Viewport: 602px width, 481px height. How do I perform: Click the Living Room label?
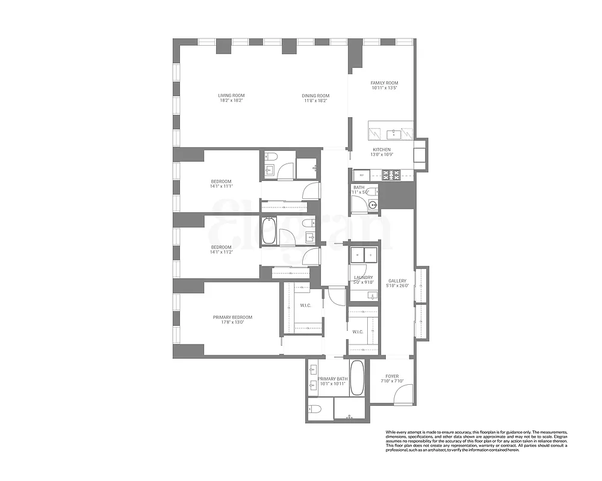[231, 95]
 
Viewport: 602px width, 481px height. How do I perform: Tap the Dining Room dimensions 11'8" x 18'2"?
[315, 101]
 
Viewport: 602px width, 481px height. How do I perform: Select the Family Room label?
[384, 83]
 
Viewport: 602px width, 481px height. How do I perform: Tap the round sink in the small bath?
[373, 205]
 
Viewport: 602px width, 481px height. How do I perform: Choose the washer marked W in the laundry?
[357, 255]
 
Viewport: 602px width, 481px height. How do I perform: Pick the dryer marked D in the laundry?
[370, 255]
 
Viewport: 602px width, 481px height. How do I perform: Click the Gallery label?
[397, 281]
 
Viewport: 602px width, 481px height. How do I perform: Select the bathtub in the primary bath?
[357, 377]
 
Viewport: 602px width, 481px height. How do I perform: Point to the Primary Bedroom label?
[232, 317]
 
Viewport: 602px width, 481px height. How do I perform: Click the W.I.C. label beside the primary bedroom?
[305, 305]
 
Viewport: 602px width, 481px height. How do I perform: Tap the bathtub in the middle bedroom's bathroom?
[269, 230]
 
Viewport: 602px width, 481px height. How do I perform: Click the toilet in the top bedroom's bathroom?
[270, 158]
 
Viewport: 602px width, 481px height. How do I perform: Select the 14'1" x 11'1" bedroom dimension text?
[221, 187]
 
